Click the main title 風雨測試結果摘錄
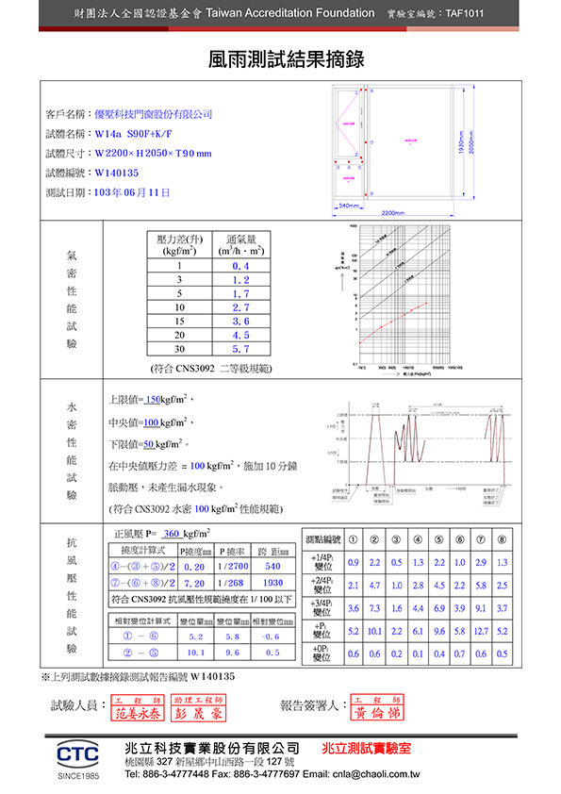[280, 60]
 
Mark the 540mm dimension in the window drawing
[348, 205]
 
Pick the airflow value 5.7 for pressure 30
[240, 348]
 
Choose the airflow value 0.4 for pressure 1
[240, 267]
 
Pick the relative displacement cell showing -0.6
[272, 637]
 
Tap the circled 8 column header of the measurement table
[502, 540]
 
